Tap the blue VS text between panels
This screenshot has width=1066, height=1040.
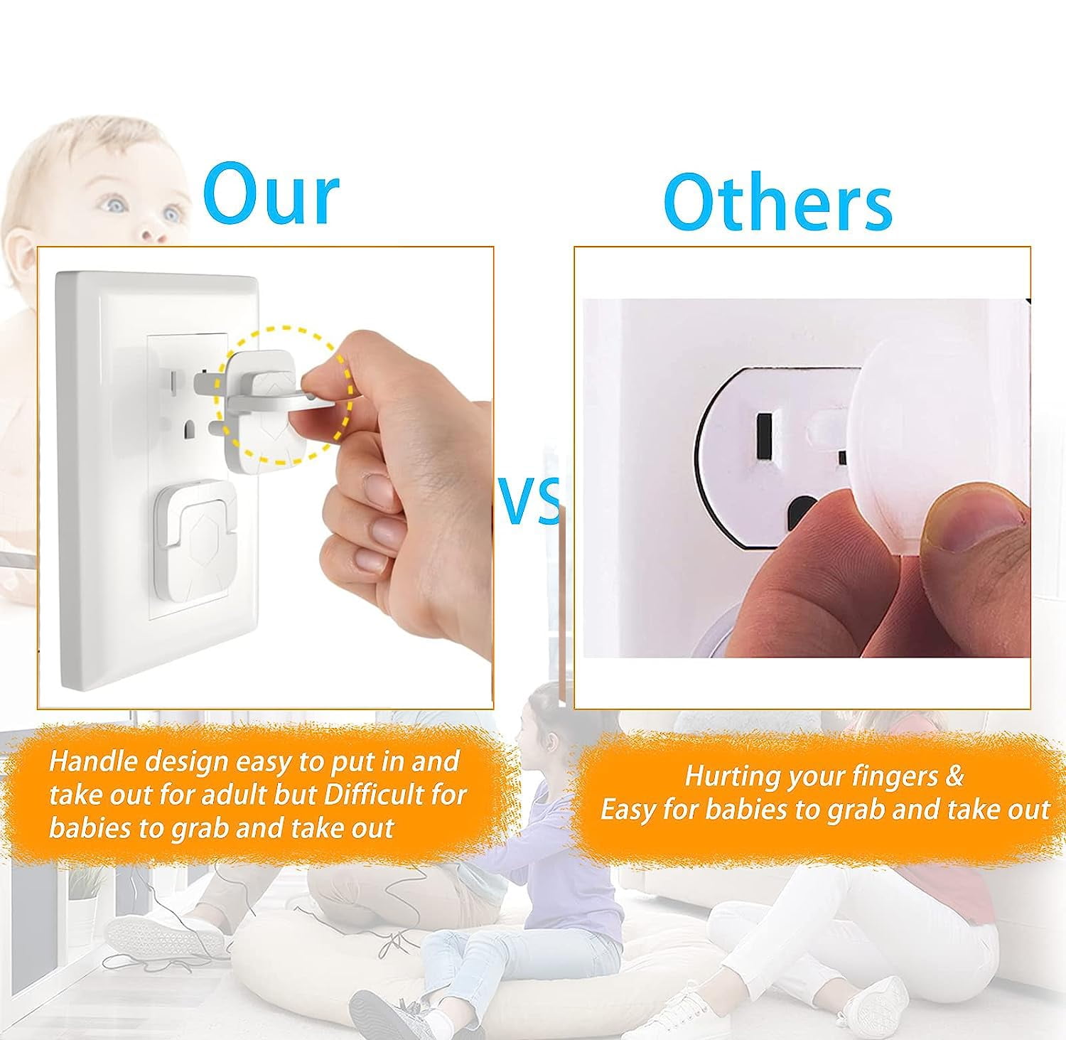pos(529,501)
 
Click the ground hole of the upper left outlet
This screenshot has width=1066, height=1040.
pos(190,429)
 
